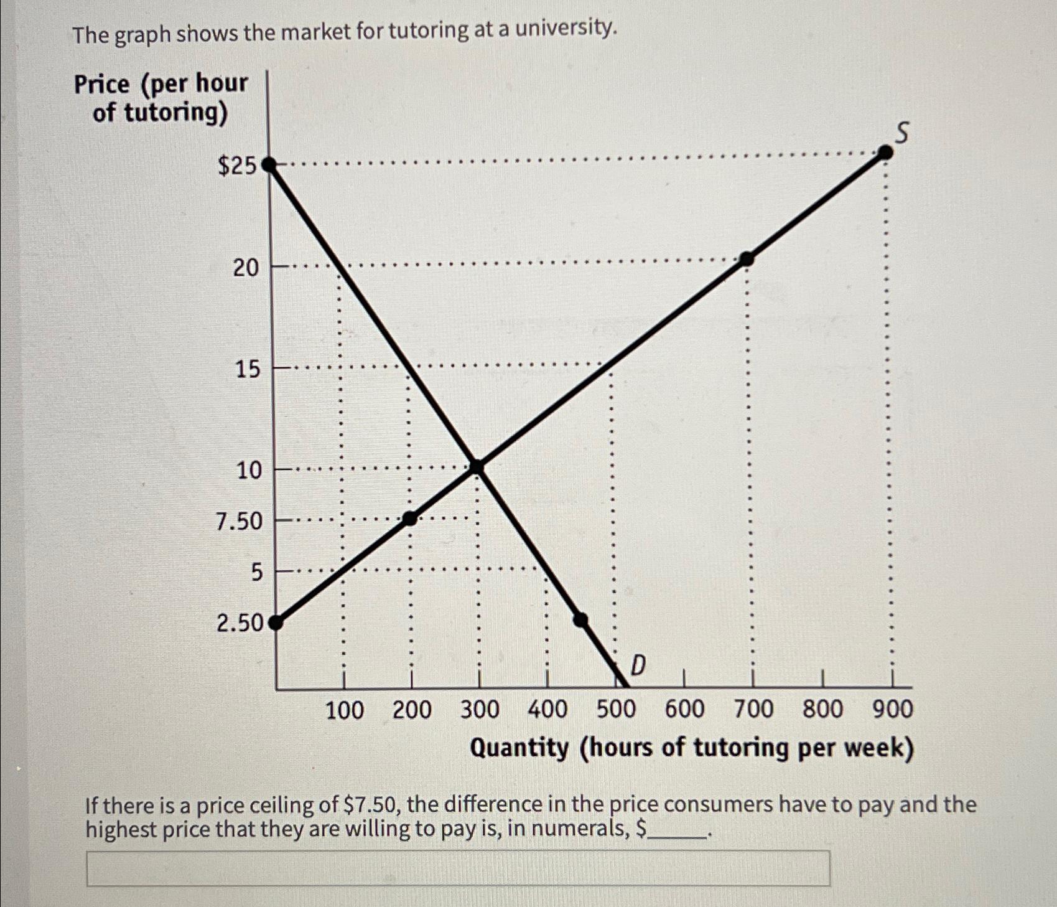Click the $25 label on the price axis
click(x=236, y=166)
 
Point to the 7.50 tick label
click(x=240, y=521)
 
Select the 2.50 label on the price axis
click(x=240, y=623)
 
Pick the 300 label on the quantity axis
click(x=479, y=710)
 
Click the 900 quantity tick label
click(x=892, y=710)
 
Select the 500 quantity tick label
click(x=616, y=710)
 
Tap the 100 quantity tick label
click(x=345, y=710)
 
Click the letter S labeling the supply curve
click(x=901, y=133)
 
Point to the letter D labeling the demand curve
click(x=638, y=666)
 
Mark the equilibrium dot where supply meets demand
click(x=477, y=466)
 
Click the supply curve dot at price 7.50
click(x=410, y=518)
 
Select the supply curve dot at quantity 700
click(x=747, y=258)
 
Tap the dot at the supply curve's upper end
click(x=885, y=153)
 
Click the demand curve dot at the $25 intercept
click(x=269, y=166)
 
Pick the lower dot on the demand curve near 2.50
click(x=580, y=619)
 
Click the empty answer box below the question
click(x=458, y=868)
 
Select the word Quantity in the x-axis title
click(x=519, y=748)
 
